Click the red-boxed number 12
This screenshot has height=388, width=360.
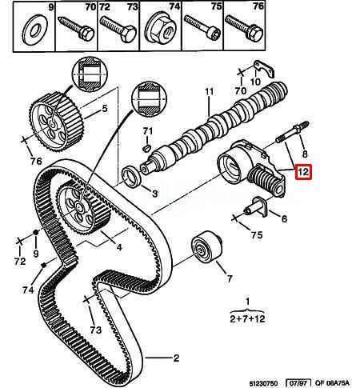pyautogui.click(x=304, y=172)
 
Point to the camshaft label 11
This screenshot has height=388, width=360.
pyautogui.click(x=208, y=93)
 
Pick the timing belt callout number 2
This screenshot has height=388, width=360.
pyautogui.click(x=176, y=358)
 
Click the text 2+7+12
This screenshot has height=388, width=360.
pyautogui.click(x=246, y=318)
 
